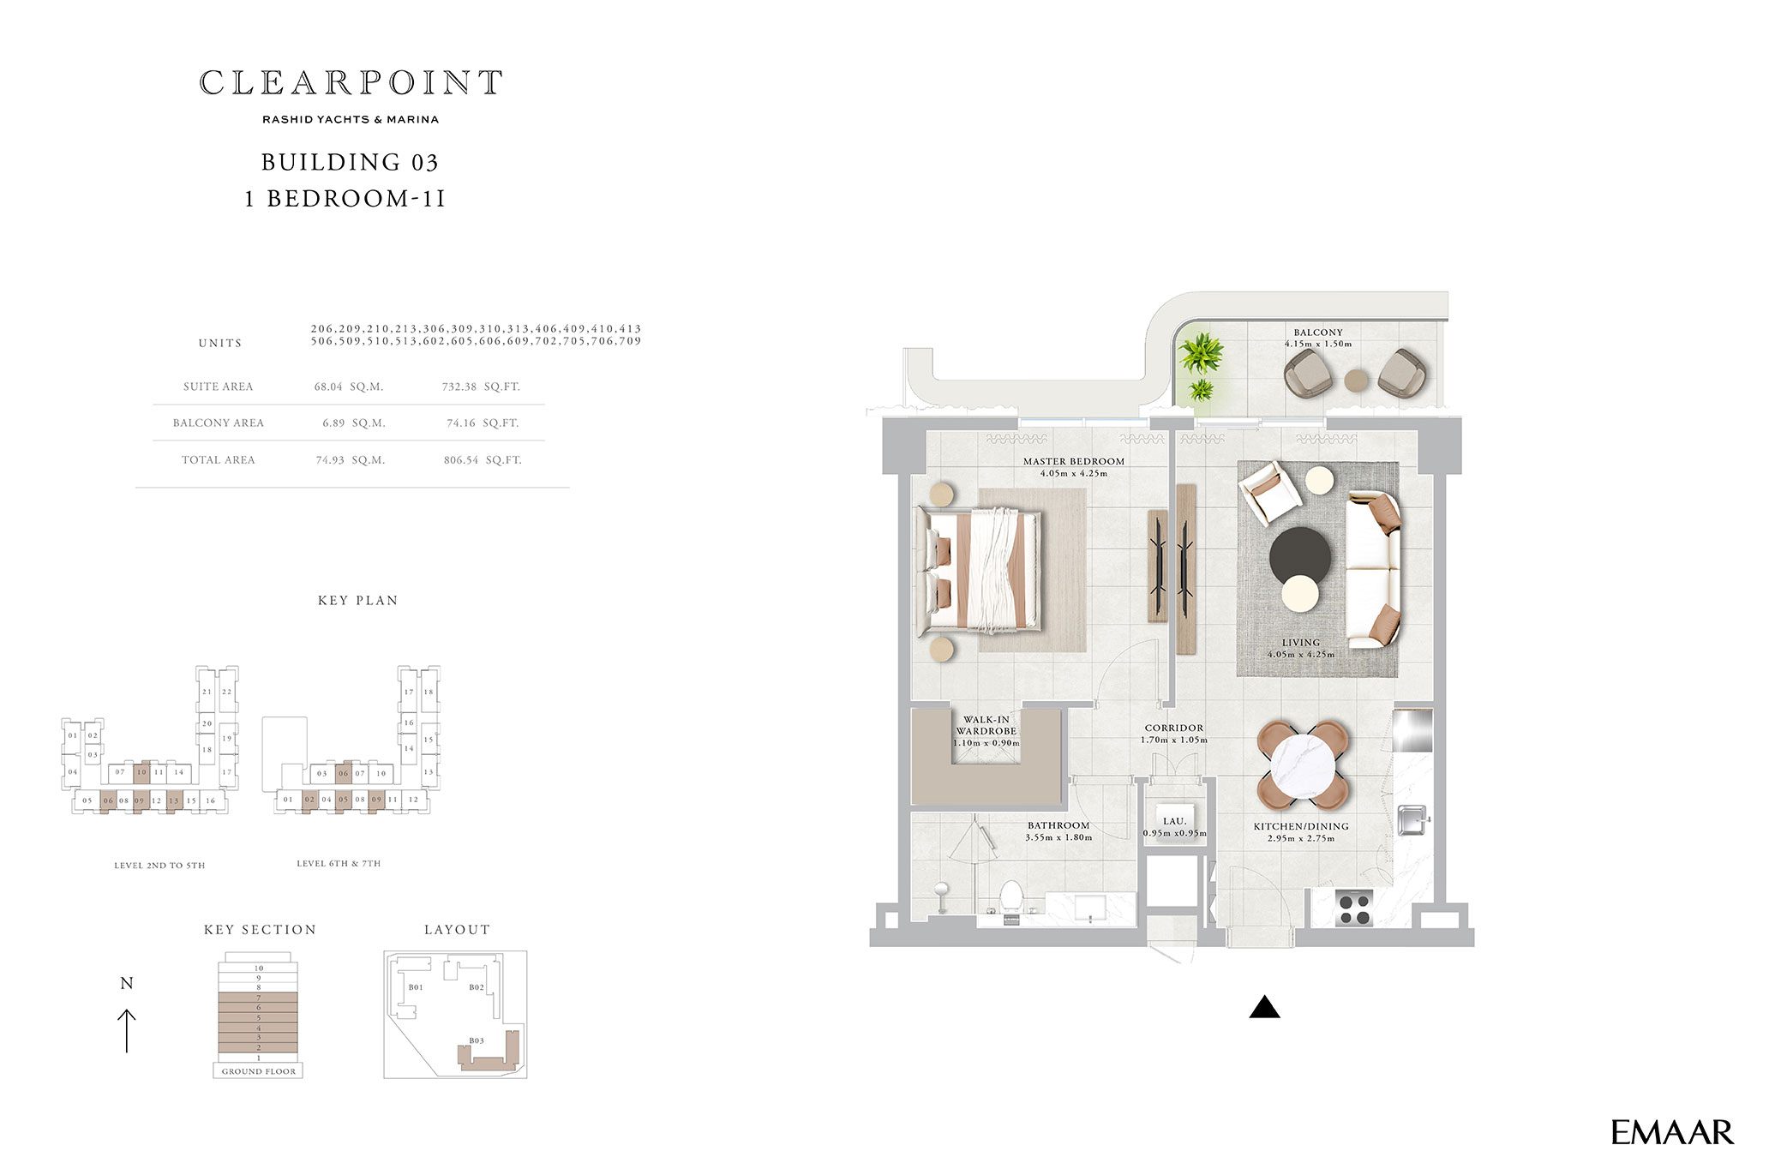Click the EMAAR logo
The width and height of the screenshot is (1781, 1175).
coord(1671,1133)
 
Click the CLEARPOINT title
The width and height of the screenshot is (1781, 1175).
coord(351,83)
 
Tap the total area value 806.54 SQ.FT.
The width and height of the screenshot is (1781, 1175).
coord(483,460)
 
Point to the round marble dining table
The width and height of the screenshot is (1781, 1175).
coord(1303,765)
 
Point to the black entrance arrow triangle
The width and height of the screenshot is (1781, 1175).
coord(1264,1007)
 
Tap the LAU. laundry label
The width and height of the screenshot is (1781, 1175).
coord(1174,821)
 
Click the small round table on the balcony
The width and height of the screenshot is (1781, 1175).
coord(1356,380)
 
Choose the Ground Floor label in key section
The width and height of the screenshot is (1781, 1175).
coord(259,1071)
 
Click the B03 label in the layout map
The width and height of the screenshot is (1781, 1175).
coord(477,1040)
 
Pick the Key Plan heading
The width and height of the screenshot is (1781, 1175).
coord(358,601)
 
